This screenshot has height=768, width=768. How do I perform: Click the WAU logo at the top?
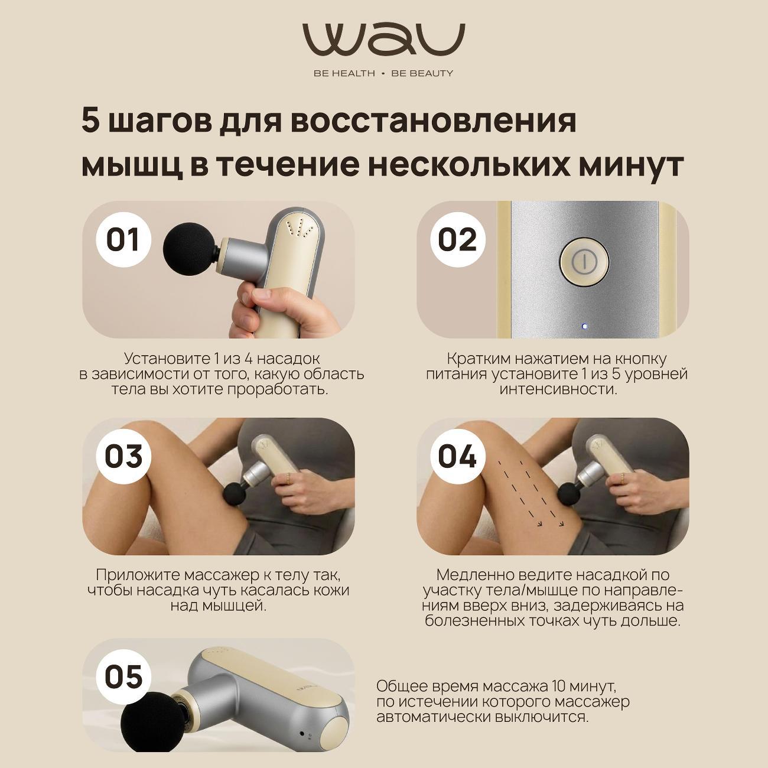(x=384, y=41)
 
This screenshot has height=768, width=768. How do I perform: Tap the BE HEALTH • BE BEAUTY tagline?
(x=384, y=73)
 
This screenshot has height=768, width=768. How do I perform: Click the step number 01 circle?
(x=123, y=240)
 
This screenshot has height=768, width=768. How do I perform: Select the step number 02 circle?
(x=457, y=240)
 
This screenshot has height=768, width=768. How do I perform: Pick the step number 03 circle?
(x=123, y=457)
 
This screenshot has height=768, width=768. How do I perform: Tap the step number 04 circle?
(x=457, y=457)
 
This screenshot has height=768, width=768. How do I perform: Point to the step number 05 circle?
(x=123, y=676)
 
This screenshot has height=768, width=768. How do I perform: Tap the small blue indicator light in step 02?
(x=584, y=326)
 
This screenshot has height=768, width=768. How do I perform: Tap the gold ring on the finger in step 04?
(x=622, y=477)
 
